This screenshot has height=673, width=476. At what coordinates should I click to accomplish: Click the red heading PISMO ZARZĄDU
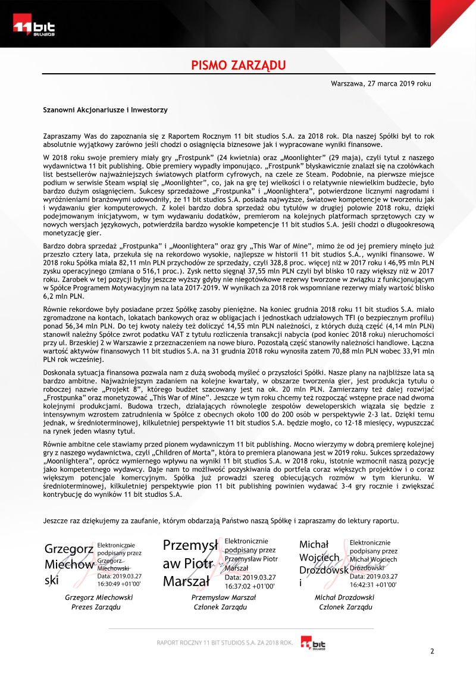point(238,65)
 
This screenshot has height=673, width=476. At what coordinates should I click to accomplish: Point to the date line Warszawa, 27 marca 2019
point(381,84)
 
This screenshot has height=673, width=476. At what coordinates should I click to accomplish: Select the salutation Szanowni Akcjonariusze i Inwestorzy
point(105,110)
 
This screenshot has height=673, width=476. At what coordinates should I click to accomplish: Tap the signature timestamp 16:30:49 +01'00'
point(118,584)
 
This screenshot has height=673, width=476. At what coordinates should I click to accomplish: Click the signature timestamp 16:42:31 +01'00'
point(373,584)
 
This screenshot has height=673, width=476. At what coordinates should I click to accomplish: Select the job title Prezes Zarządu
point(95,608)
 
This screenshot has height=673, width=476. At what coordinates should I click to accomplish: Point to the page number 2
point(432,651)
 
